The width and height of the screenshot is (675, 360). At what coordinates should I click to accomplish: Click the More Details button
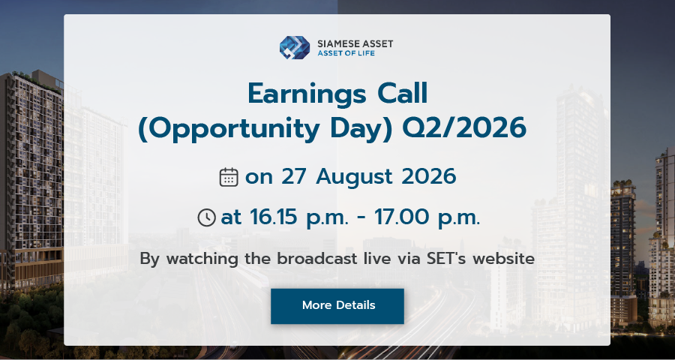pyautogui.click(x=337, y=306)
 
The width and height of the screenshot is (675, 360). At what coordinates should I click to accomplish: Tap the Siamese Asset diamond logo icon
pyautogui.click(x=295, y=47)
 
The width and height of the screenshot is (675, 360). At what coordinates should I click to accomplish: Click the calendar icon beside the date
pyautogui.click(x=229, y=177)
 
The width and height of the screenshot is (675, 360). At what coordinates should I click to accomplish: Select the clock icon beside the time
pyautogui.click(x=207, y=217)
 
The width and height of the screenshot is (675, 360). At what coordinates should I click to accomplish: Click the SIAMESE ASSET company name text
pyautogui.click(x=355, y=43)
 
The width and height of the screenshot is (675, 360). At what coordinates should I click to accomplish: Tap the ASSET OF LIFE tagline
pyautogui.click(x=346, y=53)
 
